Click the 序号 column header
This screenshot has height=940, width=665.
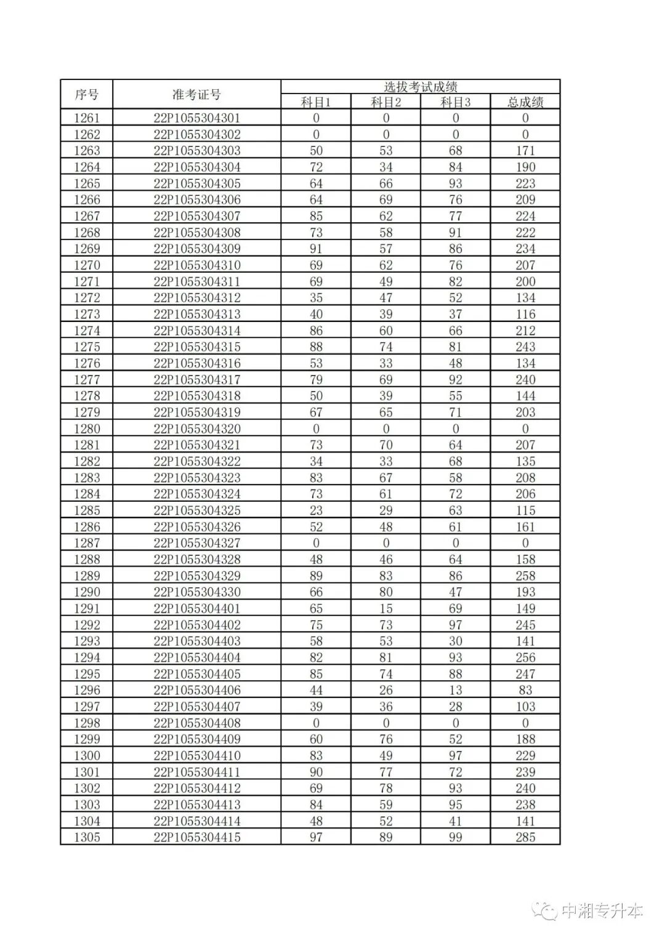click(x=87, y=95)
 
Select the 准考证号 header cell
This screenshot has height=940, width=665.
click(x=196, y=95)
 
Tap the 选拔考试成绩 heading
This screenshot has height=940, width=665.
click(x=420, y=87)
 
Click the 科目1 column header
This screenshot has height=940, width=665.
click(x=316, y=102)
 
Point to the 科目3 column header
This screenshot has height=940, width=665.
click(x=456, y=102)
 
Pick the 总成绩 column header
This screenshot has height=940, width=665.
click(x=525, y=102)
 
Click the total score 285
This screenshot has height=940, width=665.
click(x=525, y=837)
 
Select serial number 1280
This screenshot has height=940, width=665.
click(x=87, y=429)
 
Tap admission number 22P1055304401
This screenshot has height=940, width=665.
click(x=196, y=609)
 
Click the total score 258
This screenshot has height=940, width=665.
click(x=525, y=576)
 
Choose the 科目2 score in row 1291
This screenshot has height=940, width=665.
click(x=386, y=609)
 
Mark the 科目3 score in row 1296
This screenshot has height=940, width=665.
click(x=456, y=691)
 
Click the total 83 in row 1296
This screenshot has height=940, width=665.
click(x=525, y=691)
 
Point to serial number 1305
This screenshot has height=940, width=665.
click(x=87, y=837)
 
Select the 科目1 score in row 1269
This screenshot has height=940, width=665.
click(x=316, y=249)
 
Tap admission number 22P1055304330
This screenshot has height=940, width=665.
click(x=196, y=592)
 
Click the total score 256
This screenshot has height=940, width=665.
click(x=525, y=657)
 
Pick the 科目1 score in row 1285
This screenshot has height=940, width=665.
click(x=316, y=510)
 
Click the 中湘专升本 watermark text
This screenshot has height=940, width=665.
click(x=602, y=912)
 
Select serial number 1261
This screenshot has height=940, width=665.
click(x=87, y=118)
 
